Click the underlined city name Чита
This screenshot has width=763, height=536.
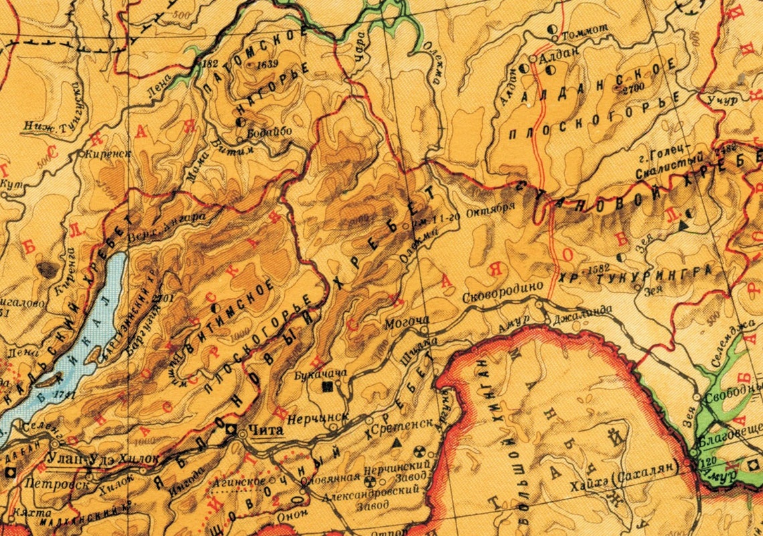[266, 433]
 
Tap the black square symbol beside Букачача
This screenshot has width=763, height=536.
[328, 387]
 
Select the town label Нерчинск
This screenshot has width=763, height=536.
[317, 418]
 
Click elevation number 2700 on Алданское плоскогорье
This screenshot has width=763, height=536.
[633, 89]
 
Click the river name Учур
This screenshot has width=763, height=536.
[722, 100]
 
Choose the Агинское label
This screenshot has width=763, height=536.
[240, 481]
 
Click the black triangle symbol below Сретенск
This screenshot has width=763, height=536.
[397, 443]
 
